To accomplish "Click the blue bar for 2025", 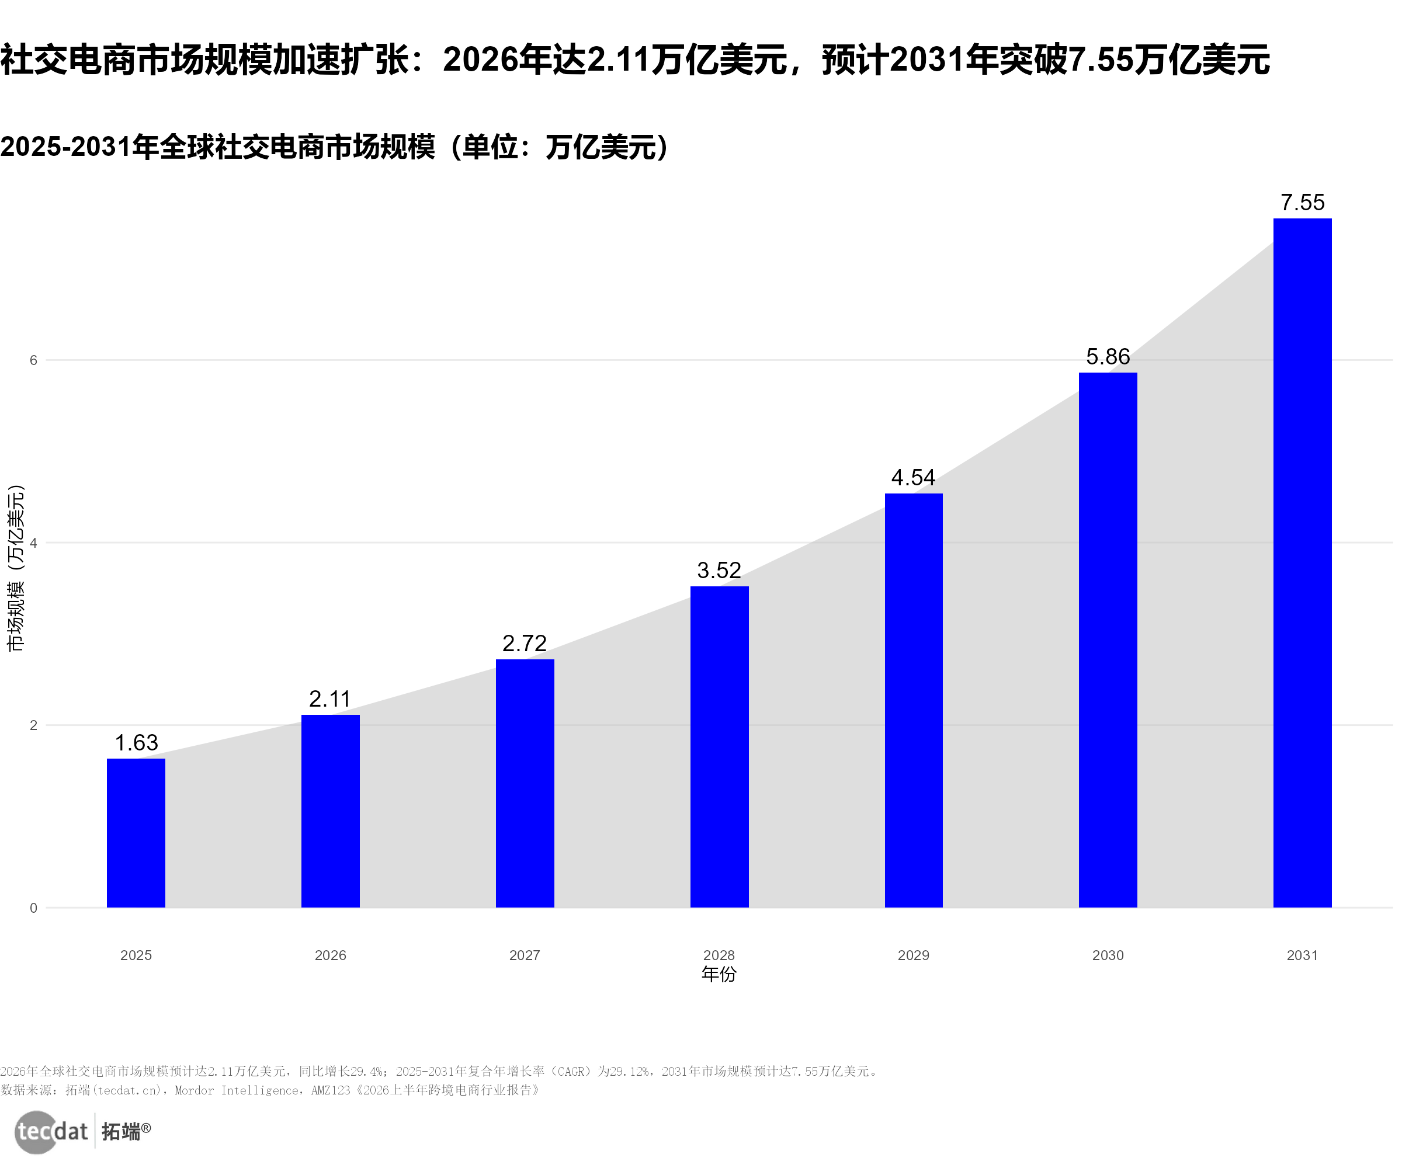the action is [136, 833].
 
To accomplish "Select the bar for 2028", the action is [719, 747].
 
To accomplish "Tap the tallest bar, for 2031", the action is [1302, 562].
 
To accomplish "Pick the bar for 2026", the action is [331, 811].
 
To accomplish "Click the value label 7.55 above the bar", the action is [1303, 202].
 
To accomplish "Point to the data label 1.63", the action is [136, 743].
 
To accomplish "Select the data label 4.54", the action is [913, 477].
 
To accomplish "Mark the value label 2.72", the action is [525, 644].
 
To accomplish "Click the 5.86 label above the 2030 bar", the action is [1108, 356].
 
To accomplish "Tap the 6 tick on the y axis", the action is [33, 360].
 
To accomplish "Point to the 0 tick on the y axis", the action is [33, 908].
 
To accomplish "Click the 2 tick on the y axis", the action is [33, 725].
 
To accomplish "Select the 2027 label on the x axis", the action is [525, 955].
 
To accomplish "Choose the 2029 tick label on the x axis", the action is [913, 955].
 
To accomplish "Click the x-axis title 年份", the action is [719, 975].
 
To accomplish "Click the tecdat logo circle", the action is [36, 1132].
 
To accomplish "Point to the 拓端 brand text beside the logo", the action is [122, 1132].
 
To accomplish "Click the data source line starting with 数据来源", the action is [270, 1090].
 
